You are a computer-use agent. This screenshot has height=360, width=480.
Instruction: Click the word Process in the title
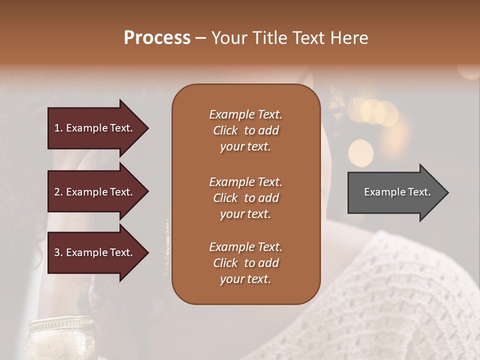[157, 38]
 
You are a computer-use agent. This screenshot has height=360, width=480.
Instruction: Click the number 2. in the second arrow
[58, 192]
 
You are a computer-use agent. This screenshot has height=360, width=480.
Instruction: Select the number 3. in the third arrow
[58, 252]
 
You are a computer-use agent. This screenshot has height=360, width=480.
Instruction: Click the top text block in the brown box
[245, 130]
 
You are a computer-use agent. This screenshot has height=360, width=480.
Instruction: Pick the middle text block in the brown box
[245, 198]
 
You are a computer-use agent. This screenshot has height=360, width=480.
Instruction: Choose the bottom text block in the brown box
[245, 263]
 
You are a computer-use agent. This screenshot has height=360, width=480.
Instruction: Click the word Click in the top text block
[225, 130]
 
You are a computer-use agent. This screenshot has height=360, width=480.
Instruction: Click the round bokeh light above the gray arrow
[360, 152]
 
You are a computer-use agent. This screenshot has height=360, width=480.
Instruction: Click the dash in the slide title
[201, 38]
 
